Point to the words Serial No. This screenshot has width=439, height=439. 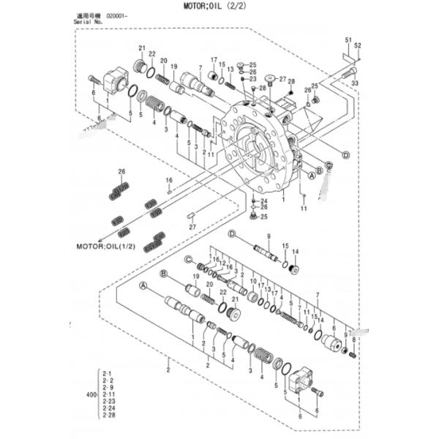[x=89, y=22]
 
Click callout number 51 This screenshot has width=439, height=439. [x=348, y=38]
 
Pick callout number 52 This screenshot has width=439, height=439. [x=358, y=45]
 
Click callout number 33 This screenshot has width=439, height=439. [x=355, y=83]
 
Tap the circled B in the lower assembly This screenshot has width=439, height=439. [x=165, y=274]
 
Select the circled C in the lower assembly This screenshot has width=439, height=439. [x=188, y=259]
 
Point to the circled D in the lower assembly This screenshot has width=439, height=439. [x=231, y=233]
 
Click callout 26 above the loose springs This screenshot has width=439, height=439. [x=122, y=172]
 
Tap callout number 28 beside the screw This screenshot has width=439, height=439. [x=291, y=81]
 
